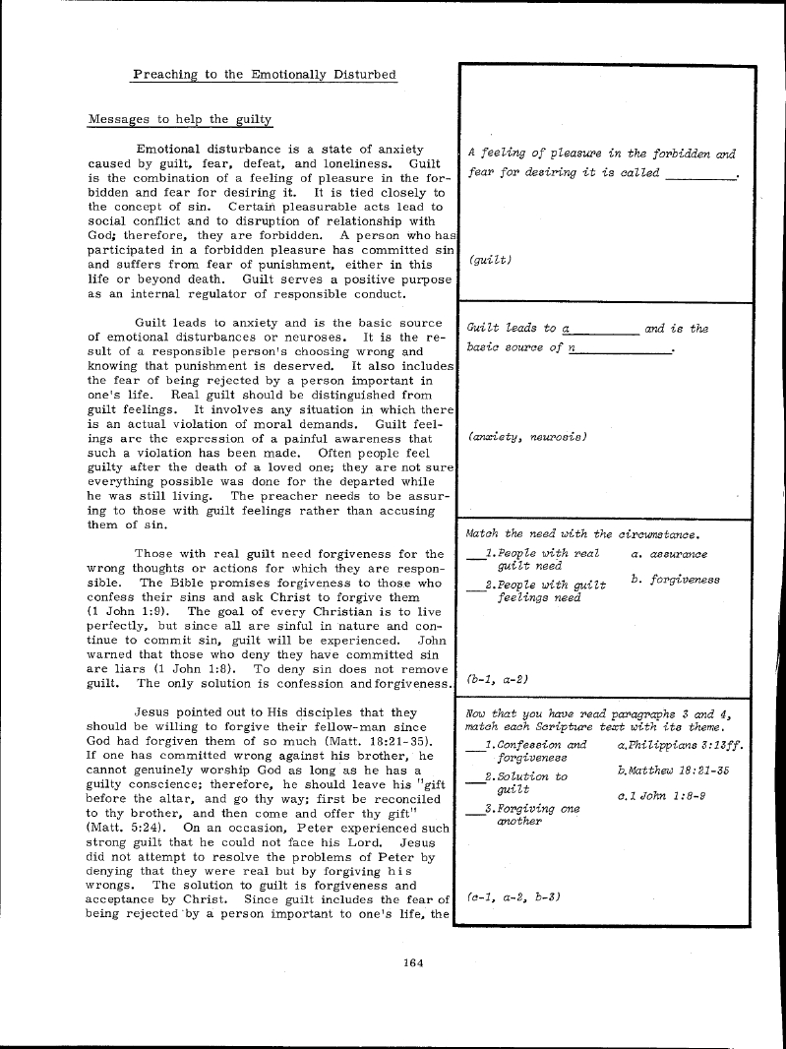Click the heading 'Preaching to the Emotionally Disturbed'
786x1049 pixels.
coord(265,74)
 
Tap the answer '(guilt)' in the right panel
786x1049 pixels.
coord(491,261)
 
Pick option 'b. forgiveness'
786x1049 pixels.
coord(676,580)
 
